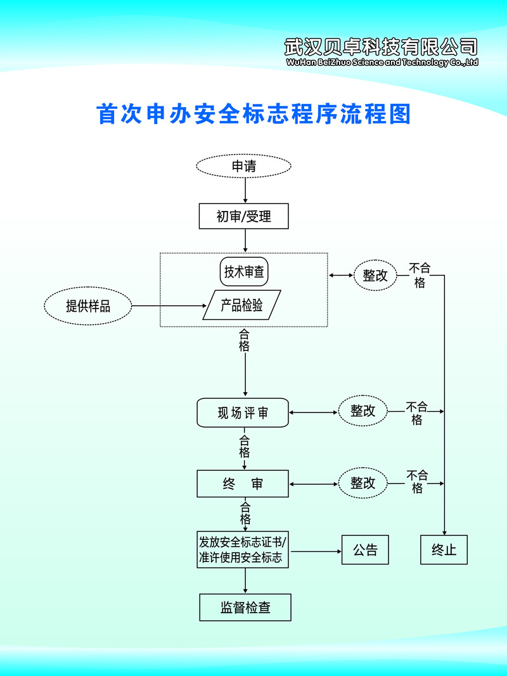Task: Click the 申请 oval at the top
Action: [244, 167]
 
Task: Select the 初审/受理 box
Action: [244, 216]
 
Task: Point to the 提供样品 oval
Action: [88, 307]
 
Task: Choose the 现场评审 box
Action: [243, 413]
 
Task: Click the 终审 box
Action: [243, 484]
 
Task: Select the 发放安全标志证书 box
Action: [243, 550]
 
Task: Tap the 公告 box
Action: [365, 550]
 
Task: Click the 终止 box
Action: [444, 550]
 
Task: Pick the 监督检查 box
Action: [245, 608]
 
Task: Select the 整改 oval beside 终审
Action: [363, 483]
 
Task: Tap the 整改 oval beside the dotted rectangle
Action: [375, 276]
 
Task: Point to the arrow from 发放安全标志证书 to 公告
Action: [316, 551]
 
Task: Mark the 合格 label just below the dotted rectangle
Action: [245, 340]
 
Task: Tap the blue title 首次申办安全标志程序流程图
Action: [253, 114]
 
